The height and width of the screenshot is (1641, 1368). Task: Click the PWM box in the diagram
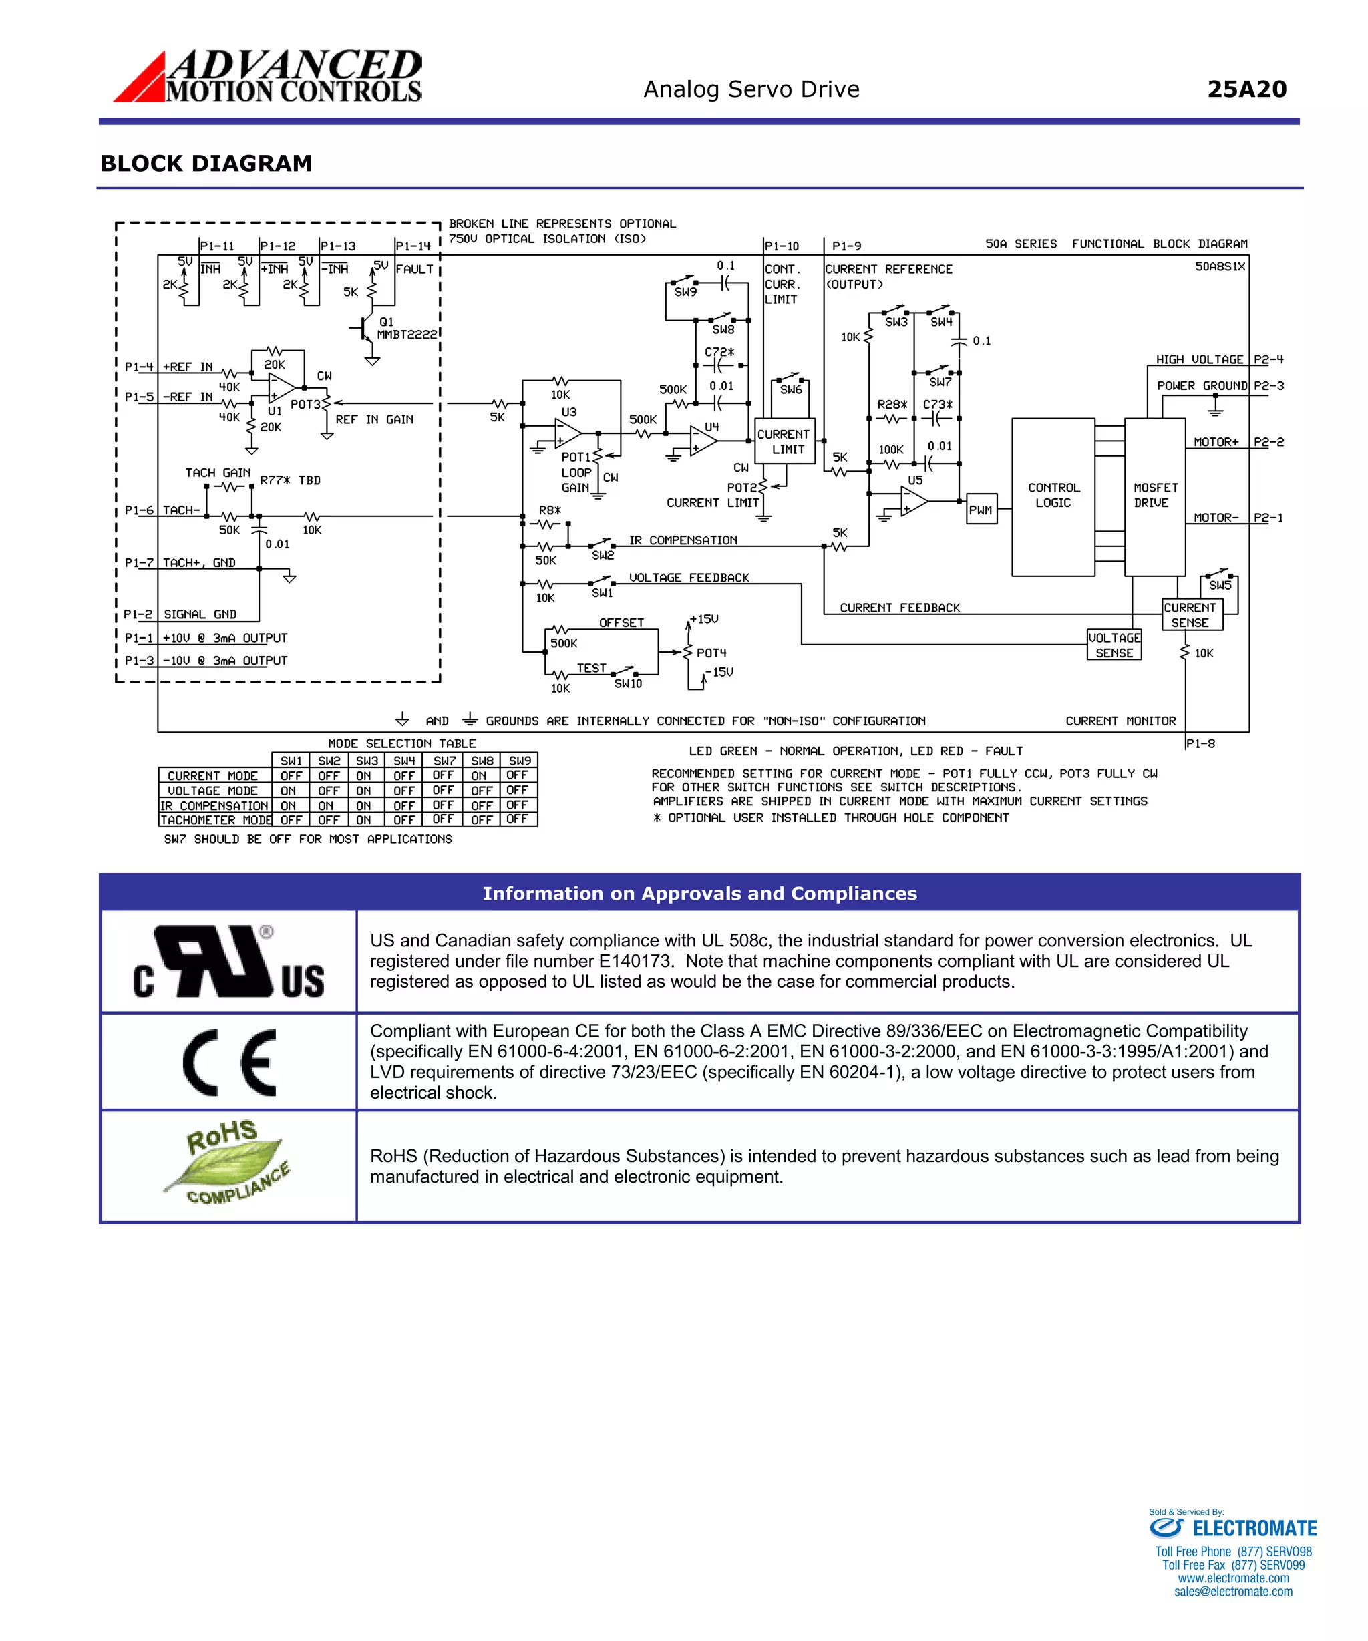click(x=981, y=510)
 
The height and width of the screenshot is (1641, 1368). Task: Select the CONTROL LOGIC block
click(x=1053, y=497)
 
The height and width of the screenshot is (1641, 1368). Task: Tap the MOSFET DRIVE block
click(x=1155, y=497)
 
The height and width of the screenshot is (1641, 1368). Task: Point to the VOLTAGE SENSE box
click(x=1114, y=645)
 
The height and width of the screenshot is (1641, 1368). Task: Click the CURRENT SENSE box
click(x=1190, y=615)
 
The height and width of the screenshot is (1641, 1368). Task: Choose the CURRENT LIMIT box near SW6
click(x=785, y=441)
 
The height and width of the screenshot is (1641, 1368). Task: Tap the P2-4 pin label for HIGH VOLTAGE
click(x=1268, y=359)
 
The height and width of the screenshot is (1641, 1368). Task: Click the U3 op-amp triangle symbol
click(x=568, y=432)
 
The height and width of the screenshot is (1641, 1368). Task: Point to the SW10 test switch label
click(x=628, y=684)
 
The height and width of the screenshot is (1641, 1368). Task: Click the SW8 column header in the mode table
click(x=482, y=760)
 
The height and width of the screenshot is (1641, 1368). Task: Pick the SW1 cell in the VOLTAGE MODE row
click(x=289, y=791)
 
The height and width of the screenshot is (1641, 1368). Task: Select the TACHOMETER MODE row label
click(x=215, y=819)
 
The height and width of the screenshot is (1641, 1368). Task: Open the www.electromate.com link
click(x=1233, y=1578)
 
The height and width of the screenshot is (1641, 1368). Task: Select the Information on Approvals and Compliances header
click(x=699, y=893)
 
